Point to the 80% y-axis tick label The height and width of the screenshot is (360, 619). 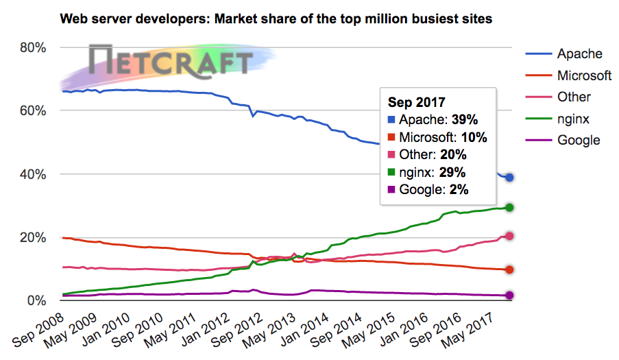(x=32, y=48)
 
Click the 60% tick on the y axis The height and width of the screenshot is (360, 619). (x=32, y=111)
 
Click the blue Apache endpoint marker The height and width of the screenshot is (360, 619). (x=510, y=178)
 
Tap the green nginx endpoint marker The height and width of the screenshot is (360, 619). (x=510, y=207)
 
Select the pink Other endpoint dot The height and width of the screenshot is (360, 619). (x=510, y=236)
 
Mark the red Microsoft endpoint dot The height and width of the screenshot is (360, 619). (x=510, y=269)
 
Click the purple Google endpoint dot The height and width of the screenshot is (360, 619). (x=510, y=296)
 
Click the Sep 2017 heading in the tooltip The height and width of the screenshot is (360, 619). (x=417, y=103)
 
